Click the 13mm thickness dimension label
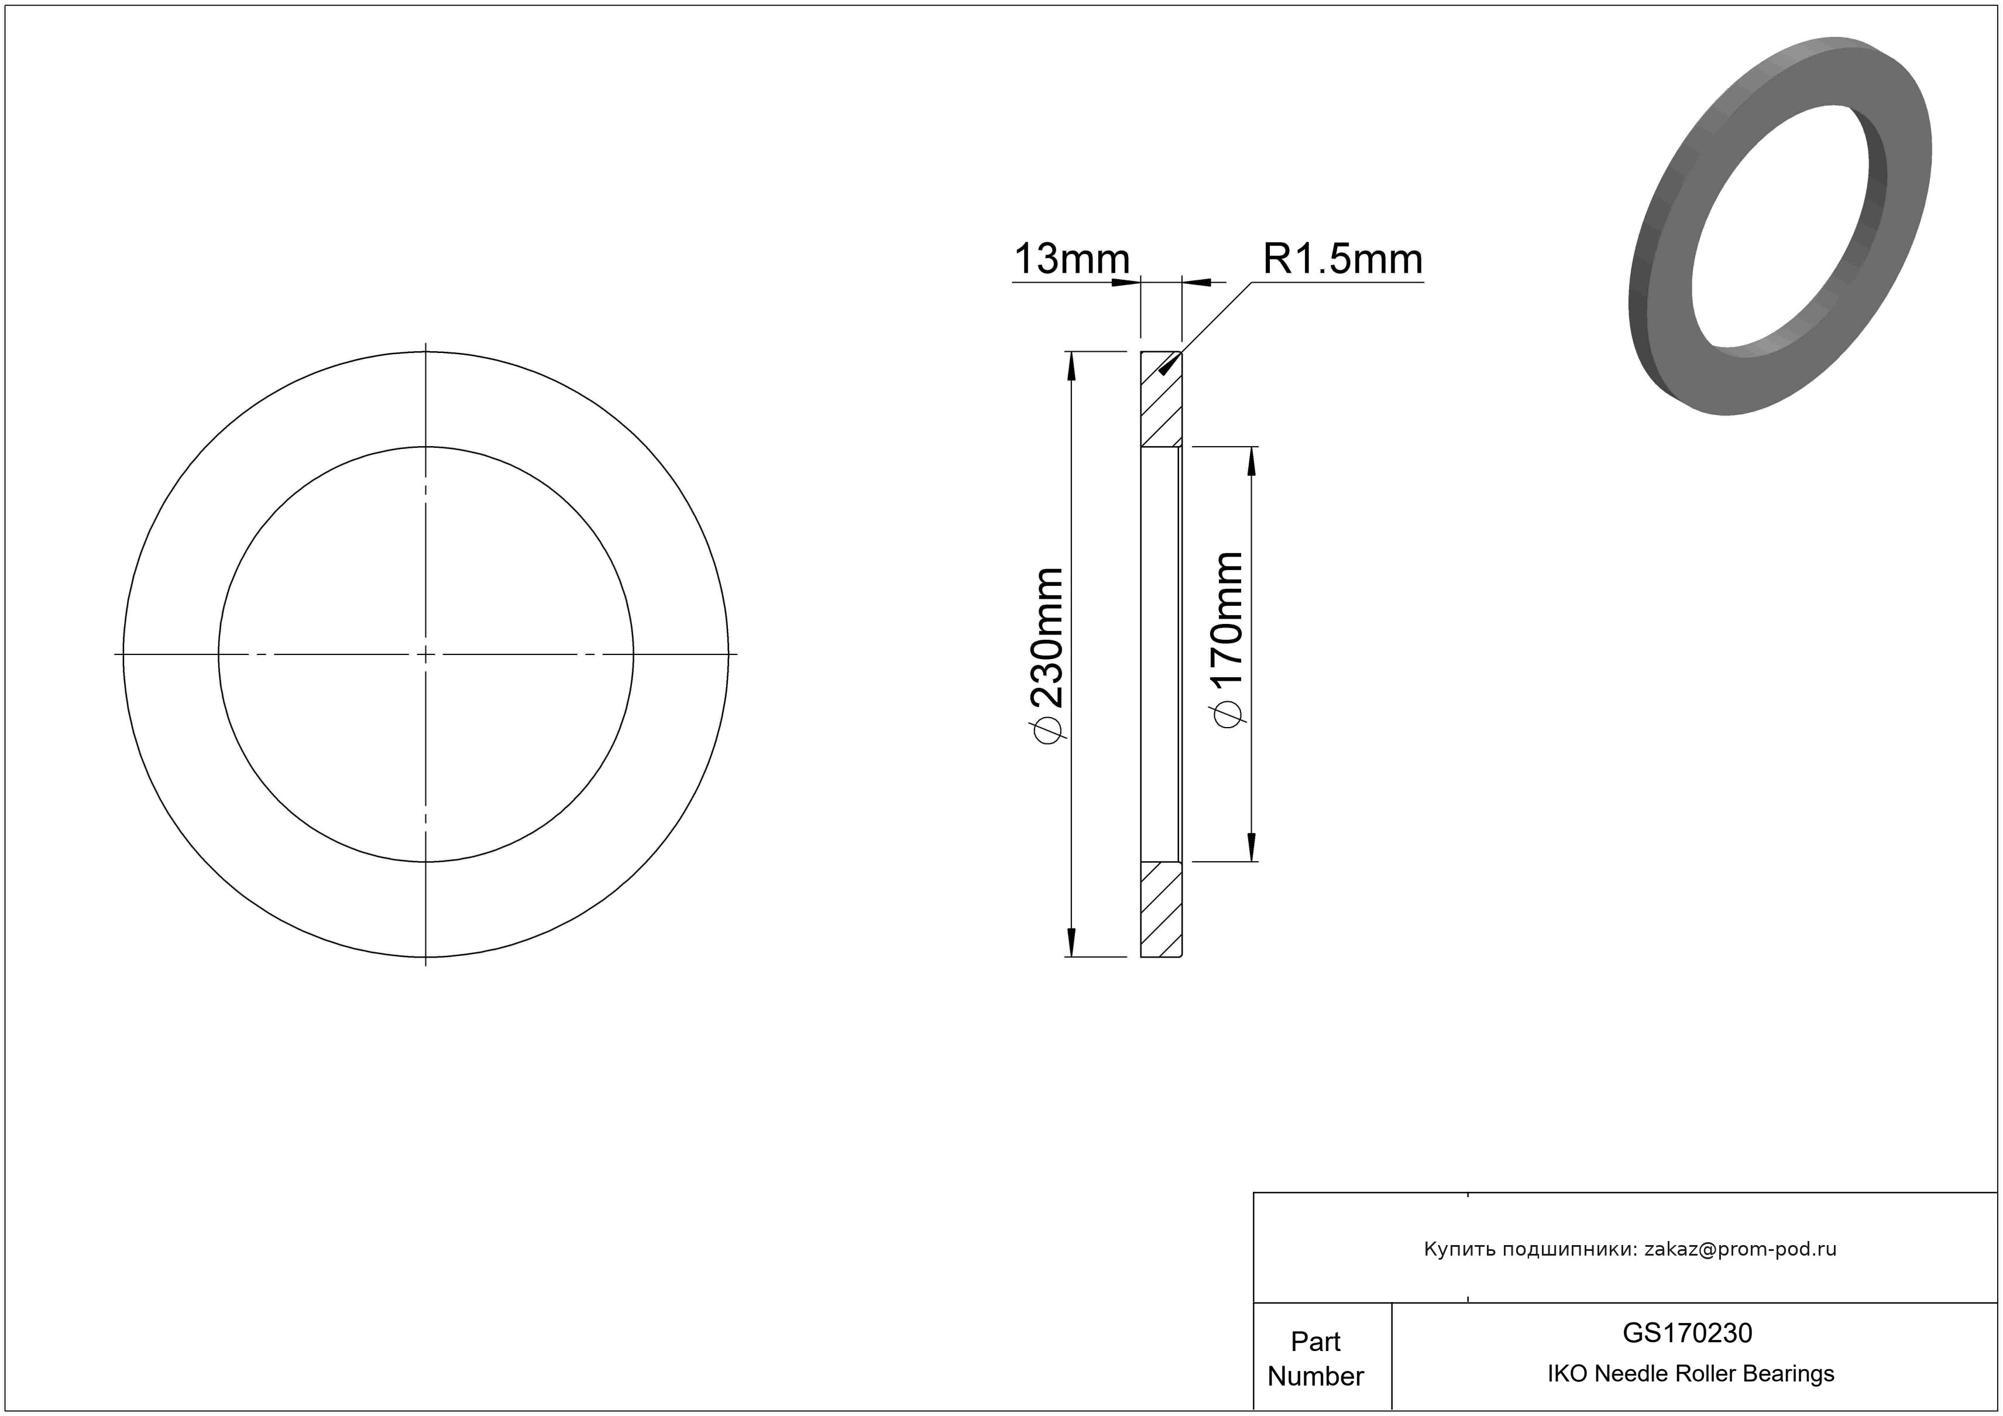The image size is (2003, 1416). [1071, 259]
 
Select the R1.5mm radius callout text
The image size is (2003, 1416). [1342, 259]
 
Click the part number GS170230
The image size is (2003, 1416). [1687, 1332]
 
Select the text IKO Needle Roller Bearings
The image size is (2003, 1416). [1691, 1373]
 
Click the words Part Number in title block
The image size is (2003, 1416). [1315, 1359]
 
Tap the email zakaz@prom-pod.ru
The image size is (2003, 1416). [1740, 1249]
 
